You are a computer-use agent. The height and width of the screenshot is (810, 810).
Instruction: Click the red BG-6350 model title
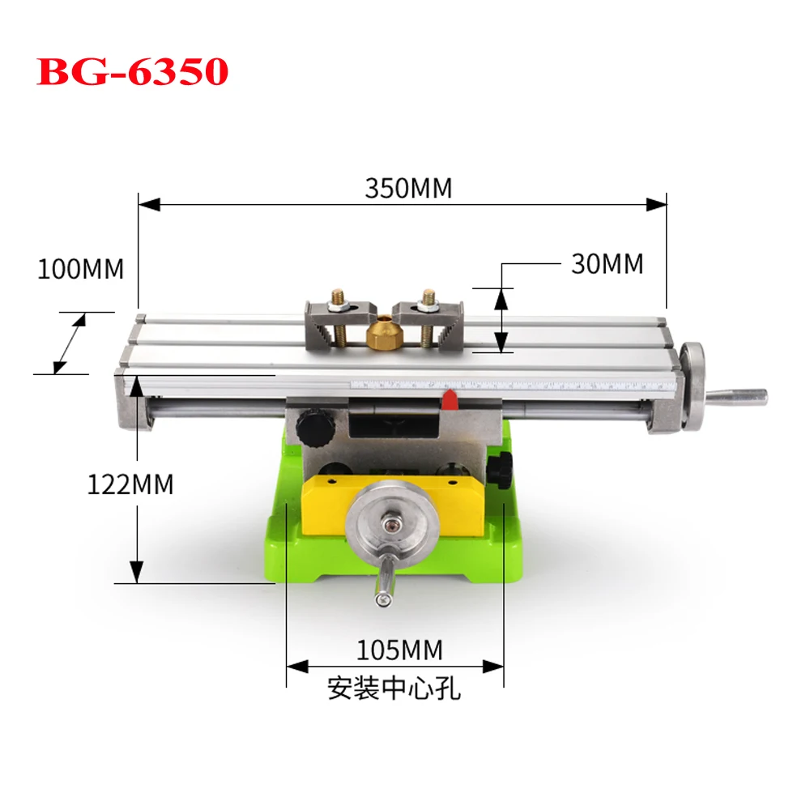(x=132, y=71)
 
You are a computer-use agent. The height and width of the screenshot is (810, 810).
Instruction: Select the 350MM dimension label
(x=408, y=188)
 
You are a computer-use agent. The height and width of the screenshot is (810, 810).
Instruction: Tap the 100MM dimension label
(x=80, y=269)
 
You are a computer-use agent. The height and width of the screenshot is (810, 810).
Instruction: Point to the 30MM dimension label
(x=607, y=264)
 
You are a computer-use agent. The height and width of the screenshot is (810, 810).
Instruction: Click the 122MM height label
(x=130, y=484)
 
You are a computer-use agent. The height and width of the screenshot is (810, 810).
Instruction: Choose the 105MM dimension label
(x=400, y=650)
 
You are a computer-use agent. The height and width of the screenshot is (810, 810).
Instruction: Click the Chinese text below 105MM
(x=394, y=688)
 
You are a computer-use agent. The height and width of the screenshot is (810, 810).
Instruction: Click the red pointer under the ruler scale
(x=450, y=399)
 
